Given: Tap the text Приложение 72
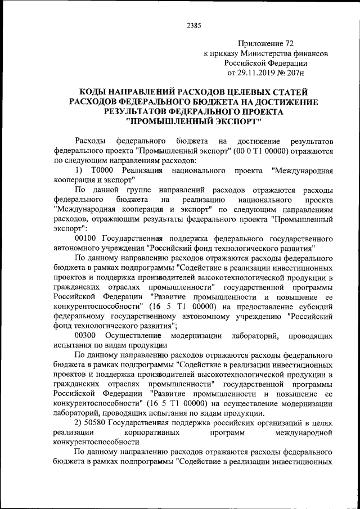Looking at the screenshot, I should pos(265,43).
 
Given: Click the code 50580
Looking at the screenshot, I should pos(98,422).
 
